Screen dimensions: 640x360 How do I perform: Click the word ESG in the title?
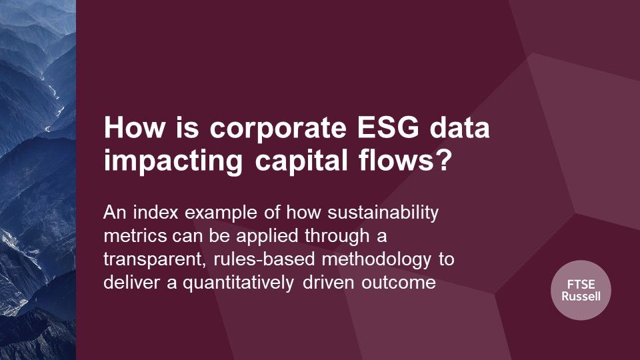388,127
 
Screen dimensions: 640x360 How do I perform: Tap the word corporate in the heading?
278,130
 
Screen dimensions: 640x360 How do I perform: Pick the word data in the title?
459,127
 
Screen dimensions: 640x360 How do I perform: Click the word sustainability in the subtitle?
383,213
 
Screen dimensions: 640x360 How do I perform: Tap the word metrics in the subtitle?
135,236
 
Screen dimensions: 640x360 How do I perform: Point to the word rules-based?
264,259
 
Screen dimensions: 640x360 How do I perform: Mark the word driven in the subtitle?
328,283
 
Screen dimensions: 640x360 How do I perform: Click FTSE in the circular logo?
581,285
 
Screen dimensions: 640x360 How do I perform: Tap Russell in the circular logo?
581,296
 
